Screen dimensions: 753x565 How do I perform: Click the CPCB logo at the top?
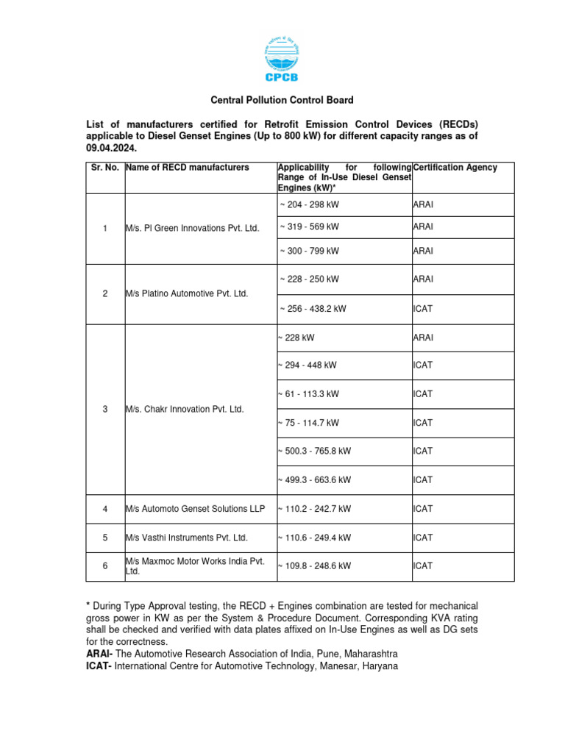click(x=282, y=60)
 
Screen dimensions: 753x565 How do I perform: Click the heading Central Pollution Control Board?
click(x=282, y=100)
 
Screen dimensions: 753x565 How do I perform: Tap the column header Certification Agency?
click(x=455, y=168)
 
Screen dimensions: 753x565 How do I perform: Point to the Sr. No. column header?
click(x=105, y=168)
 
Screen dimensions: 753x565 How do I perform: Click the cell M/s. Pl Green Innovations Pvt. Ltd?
click(x=193, y=229)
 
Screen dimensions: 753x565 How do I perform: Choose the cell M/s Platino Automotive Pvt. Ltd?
click(x=187, y=293)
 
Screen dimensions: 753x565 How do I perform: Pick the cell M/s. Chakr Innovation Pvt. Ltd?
click(x=185, y=409)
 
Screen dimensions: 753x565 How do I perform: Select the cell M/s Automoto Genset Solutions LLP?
click(x=195, y=509)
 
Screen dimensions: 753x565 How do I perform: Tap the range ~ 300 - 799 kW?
click(x=309, y=251)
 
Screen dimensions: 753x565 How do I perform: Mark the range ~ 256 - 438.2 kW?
click(x=313, y=309)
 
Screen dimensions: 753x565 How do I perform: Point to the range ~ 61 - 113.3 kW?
click(x=308, y=394)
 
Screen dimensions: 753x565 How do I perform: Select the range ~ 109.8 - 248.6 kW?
click(x=314, y=566)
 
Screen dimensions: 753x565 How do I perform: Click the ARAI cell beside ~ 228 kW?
click(x=424, y=338)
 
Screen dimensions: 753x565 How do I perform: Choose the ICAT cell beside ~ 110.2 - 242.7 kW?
click(x=423, y=509)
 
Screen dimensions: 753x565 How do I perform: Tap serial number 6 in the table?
click(x=105, y=566)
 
